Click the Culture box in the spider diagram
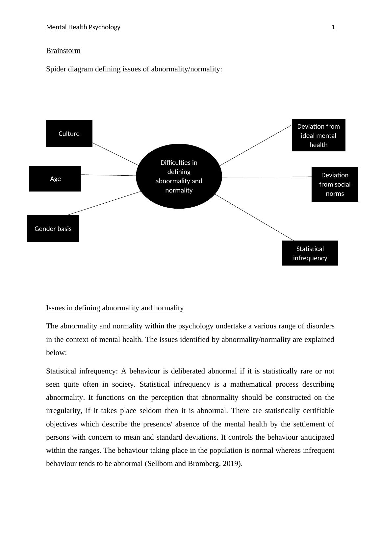(x=69, y=133)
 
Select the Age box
(x=55, y=179)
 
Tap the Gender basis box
(x=53, y=229)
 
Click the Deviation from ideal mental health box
(x=318, y=135)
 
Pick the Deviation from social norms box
(x=335, y=184)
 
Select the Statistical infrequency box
(x=310, y=253)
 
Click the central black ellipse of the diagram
(x=179, y=176)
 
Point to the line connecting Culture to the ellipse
(x=115, y=154)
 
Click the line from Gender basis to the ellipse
(x=104, y=203)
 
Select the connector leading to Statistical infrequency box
(x=254, y=217)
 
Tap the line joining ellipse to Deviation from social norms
(x=267, y=177)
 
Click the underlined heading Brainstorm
(x=63, y=51)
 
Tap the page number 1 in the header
(x=333, y=27)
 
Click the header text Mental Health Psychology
(x=83, y=27)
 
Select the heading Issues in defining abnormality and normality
(x=115, y=308)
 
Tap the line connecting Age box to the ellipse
(x=109, y=175)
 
